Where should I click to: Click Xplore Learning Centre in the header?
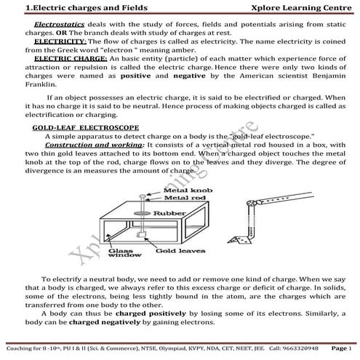click(297, 8)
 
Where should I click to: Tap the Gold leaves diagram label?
click(175, 249)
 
